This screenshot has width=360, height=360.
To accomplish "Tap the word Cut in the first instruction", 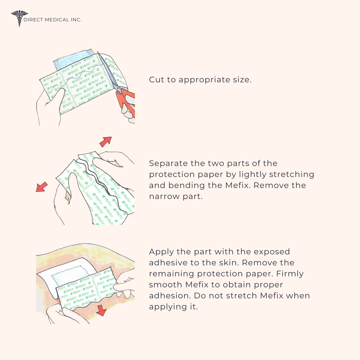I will pos(155,80).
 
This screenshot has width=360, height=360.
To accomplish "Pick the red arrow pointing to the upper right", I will pos(106,141).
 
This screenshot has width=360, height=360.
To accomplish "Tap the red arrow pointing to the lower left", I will pos(42,187).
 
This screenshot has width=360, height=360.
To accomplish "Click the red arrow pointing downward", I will pos(101,311).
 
